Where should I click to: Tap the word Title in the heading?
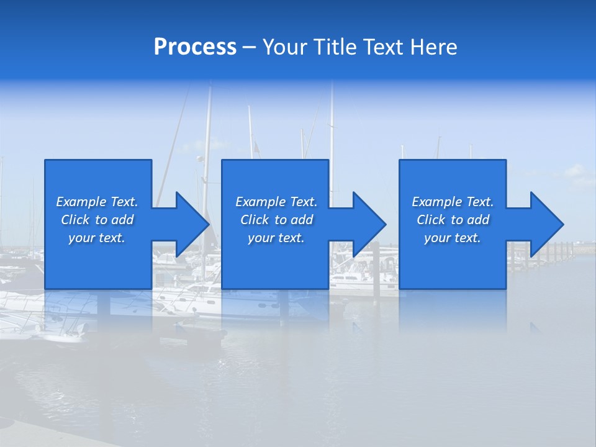pos(335,48)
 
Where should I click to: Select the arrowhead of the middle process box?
pos(368,224)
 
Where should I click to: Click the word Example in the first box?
pos(81,202)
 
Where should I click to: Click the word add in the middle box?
pos(302,220)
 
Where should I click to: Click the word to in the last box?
pos(457,220)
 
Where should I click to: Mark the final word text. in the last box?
pos(466,238)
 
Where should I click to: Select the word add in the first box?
pos(122,220)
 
